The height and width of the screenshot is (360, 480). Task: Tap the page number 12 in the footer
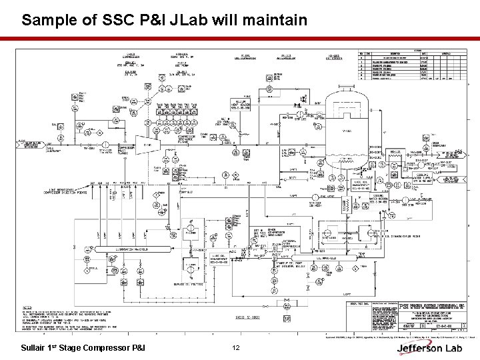235,348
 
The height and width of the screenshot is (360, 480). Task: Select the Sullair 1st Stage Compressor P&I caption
83,348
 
